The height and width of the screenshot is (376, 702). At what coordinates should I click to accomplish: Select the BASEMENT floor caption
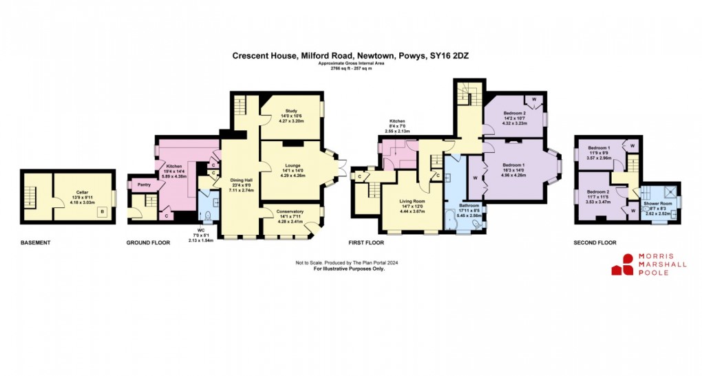coord(35,243)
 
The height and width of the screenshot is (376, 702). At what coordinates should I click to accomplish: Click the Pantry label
coord(144,185)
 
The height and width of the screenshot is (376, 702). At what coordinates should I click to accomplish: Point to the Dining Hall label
coord(242,180)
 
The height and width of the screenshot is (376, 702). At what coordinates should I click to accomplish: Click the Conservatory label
coord(290,211)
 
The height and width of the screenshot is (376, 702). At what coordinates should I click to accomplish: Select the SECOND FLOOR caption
coord(595,243)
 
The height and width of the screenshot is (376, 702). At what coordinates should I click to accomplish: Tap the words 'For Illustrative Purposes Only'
coord(350,269)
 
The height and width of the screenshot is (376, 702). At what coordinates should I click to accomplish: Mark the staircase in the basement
coord(31,196)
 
